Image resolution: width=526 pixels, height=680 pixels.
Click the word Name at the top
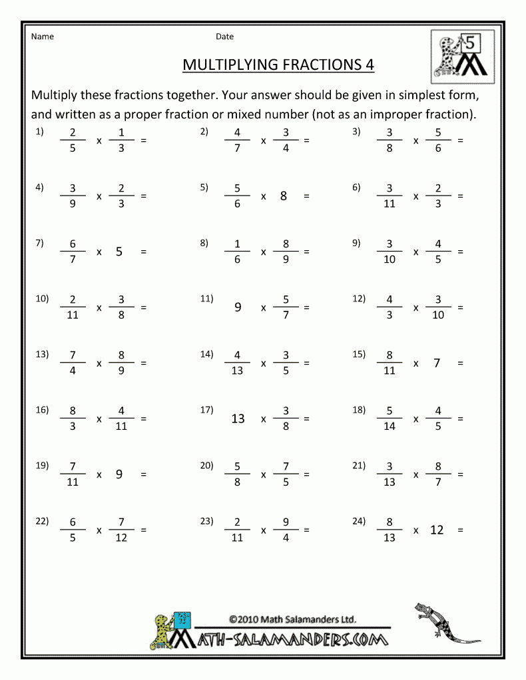[43, 37]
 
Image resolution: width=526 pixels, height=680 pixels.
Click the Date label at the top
[224, 37]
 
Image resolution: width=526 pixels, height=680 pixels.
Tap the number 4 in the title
[369, 65]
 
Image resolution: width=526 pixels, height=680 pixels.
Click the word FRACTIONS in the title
[314, 65]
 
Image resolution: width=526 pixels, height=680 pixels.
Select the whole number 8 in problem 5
[284, 196]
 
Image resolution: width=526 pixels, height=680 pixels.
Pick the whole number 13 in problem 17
[238, 419]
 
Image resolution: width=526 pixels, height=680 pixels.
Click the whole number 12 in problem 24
[437, 530]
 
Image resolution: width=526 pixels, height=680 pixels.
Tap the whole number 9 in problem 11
[238, 307]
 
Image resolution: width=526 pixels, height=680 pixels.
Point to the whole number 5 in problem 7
[119, 252]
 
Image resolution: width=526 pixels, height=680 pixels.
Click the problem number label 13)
[43, 354]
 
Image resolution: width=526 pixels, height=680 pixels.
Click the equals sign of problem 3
[460, 141]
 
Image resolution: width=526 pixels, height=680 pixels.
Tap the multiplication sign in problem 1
[99, 141]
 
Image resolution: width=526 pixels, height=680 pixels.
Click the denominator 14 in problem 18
[390, 426]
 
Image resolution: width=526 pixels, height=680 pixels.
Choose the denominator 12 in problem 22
[121, 537]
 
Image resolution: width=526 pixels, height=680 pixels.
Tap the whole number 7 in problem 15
[437, 363]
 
